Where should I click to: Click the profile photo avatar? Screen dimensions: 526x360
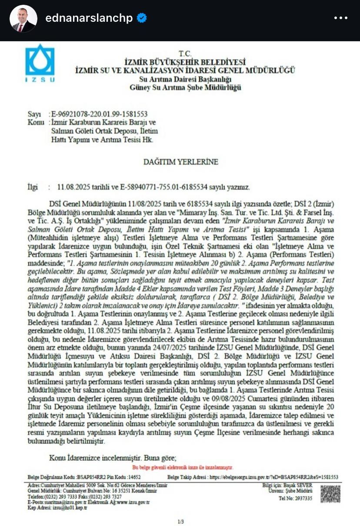coord(23,18)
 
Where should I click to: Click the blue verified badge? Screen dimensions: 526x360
coord(142,18)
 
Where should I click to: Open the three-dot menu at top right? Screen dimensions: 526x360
coord(341,18)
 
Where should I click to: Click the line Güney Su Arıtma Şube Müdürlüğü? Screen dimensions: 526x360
coord(185,87)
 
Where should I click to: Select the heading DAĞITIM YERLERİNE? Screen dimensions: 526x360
coord(181,162)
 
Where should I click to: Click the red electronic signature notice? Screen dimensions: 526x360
coord(183,467)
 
